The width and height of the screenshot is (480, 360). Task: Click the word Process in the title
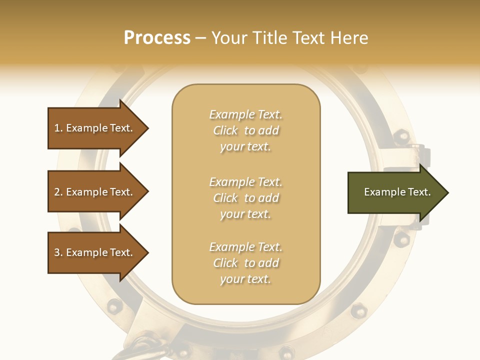pos(157,38)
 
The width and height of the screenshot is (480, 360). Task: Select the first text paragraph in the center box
pos(245,130)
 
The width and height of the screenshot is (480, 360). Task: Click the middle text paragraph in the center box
pos(245,198)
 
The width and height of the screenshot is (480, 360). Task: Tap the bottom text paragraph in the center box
pos(245,263)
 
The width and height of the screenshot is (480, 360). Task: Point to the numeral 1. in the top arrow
pos(58,128)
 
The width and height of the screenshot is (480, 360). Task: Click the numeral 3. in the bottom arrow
pos(58,252)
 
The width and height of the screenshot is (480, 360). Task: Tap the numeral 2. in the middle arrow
pos(58,192)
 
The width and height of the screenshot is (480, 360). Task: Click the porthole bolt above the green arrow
pos(401,135)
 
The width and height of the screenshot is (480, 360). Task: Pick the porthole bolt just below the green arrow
pos(401,239)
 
